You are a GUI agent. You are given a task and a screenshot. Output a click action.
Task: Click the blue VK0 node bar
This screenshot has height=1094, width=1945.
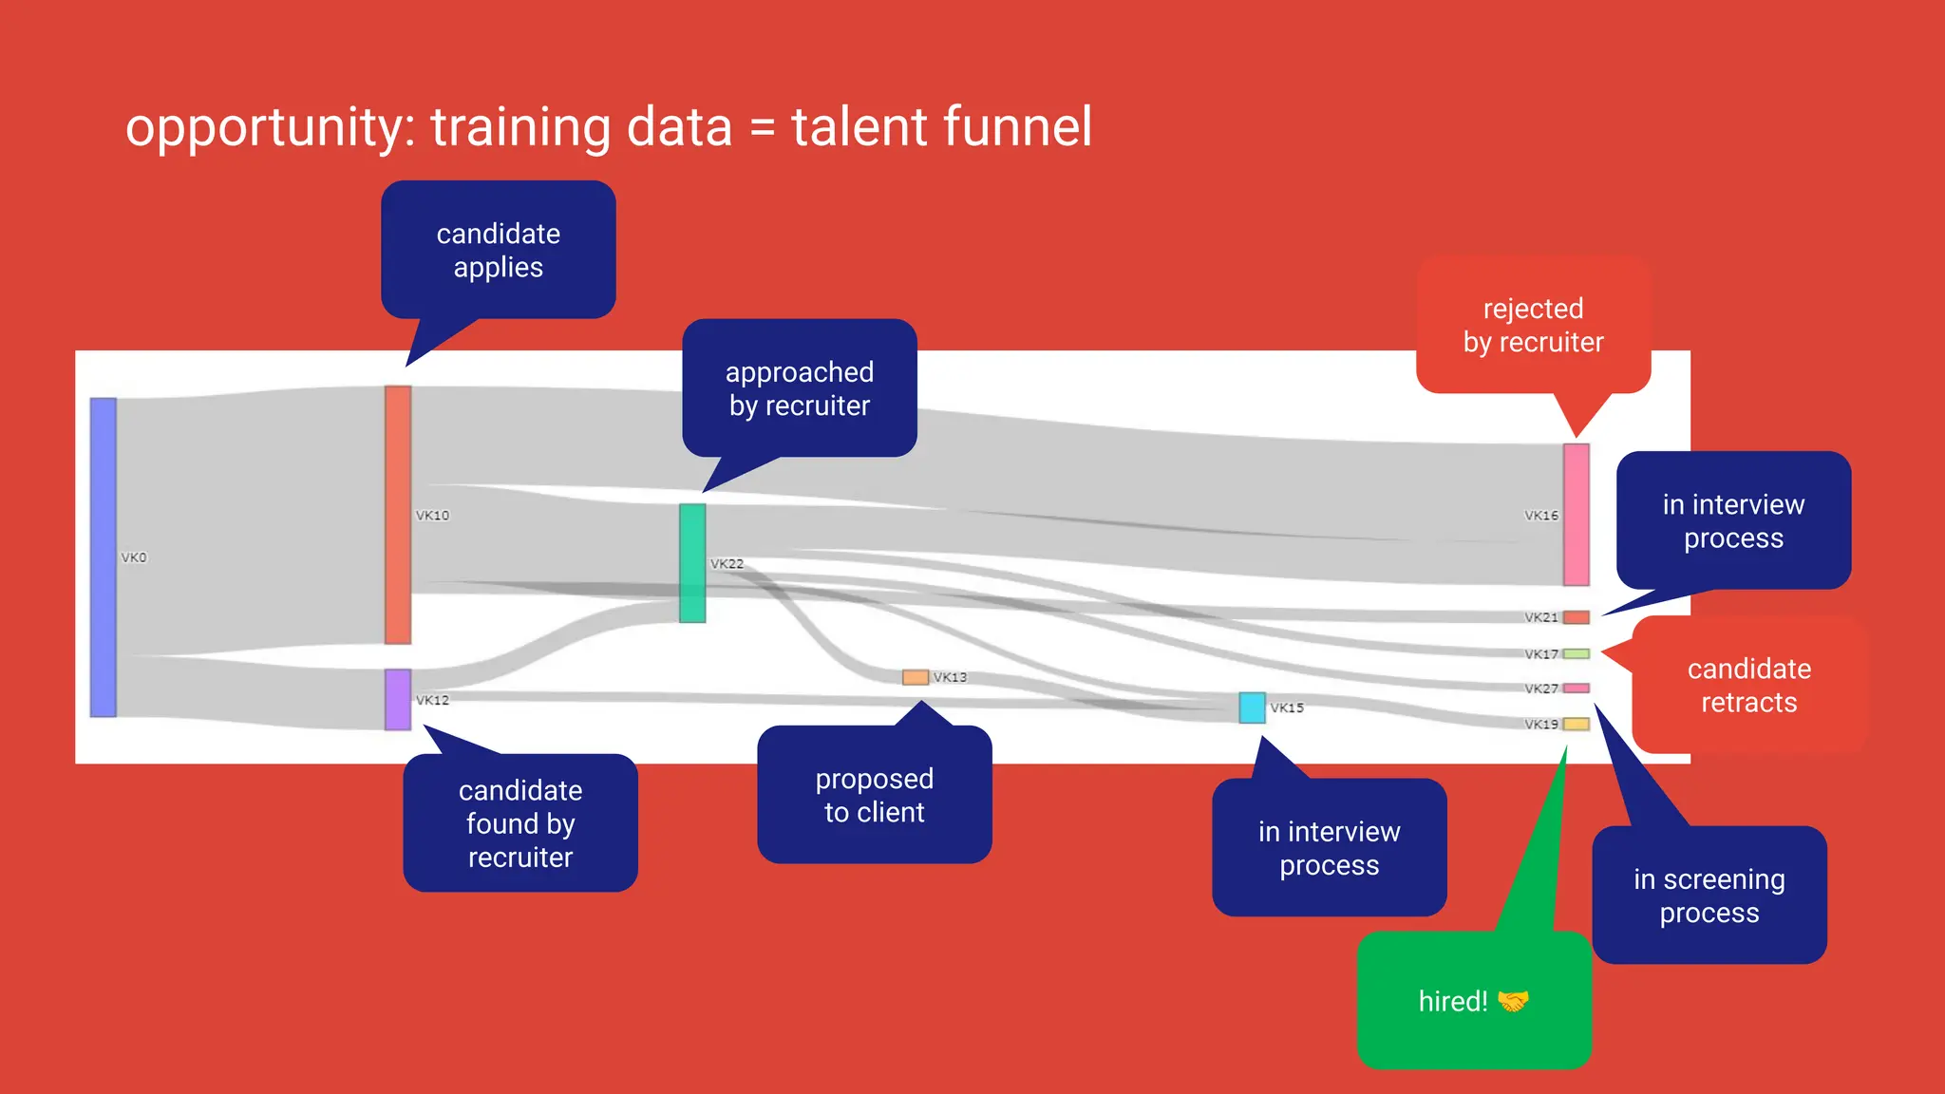click(x=104, y=557)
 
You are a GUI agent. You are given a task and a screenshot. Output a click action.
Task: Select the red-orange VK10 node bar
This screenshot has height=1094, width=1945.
click(x=398, y=515)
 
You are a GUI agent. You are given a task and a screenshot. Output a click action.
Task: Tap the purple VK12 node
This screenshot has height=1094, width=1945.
click(x=398, y=700)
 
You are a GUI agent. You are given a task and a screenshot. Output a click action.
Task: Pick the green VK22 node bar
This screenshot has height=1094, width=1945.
click(x=692, y=563)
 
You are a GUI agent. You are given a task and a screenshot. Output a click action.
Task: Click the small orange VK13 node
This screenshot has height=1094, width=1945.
click(x=916, y=677)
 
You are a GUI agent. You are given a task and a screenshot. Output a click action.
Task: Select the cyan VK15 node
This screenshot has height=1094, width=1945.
click(x=1252, y=707)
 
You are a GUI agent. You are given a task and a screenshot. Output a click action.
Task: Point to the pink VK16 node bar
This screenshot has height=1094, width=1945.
click(x=1577, y=515)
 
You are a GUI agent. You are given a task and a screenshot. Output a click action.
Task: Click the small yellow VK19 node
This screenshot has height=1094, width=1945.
click(x=1577, y=724)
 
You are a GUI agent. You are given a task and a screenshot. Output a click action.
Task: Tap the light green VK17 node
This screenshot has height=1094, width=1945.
click(x=1577, y=653)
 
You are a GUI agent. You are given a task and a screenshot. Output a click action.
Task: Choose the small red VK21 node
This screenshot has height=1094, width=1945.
click(x=1577, y=617)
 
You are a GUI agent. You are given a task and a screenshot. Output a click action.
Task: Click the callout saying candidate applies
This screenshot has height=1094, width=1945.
click(x=499, y=251)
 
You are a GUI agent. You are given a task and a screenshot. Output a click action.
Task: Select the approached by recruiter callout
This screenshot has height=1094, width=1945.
click(x=800, y=388)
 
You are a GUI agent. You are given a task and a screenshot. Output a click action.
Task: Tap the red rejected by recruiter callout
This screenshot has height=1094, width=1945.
click(x=1533, y=325)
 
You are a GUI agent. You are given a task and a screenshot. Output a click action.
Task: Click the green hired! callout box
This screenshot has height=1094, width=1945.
click(x=1474, y=1001)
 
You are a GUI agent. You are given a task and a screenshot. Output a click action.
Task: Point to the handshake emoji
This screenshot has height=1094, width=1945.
click(x=1513, y=1001)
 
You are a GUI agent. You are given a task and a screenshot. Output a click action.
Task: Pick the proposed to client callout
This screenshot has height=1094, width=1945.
click(x=874, y=795)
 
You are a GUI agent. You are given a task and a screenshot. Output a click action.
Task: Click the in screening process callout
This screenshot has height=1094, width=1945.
click(x=1709, y=896)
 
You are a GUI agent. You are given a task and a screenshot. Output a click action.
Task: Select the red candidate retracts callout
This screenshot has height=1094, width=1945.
click(x=1748, y=685)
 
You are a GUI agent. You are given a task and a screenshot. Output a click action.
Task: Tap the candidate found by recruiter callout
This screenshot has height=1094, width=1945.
click(x=520, y=823)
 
